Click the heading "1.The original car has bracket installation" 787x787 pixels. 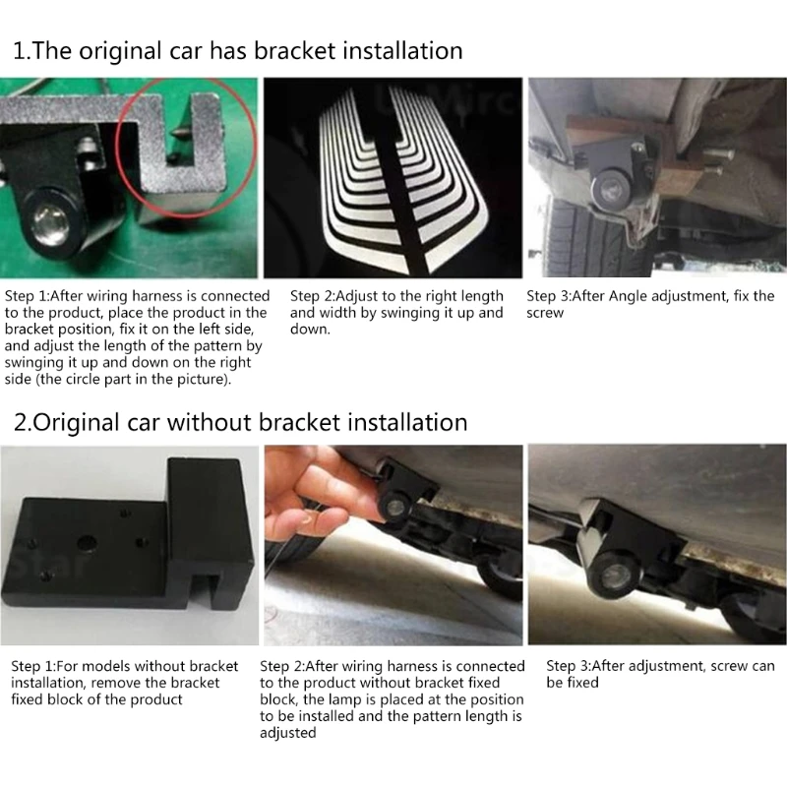point(237,50)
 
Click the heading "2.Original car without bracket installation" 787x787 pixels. point(240,423)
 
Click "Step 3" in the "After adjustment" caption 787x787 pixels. point(569,666)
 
